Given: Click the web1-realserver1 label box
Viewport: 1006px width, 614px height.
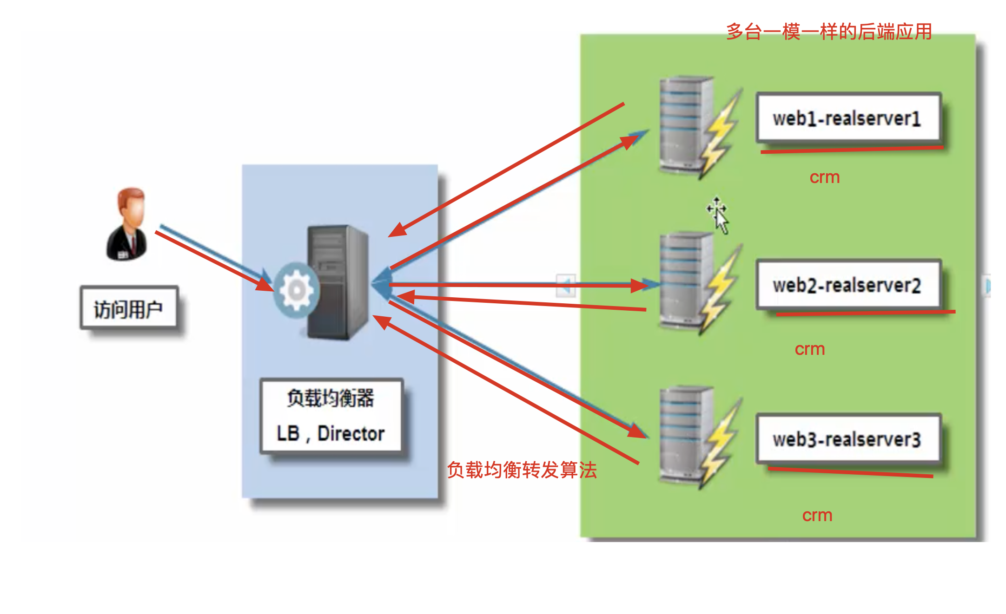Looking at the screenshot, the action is point(848,118).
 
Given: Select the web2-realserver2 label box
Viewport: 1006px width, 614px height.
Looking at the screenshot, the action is point(848,285).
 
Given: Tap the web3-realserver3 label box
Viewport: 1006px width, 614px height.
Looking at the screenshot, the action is point(848,439).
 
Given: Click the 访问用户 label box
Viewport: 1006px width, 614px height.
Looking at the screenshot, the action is point(129,308).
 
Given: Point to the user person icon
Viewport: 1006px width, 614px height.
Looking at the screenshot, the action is point(127,224).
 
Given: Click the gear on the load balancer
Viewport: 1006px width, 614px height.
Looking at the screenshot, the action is point(297,290).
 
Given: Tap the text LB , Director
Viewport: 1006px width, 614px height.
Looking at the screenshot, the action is point(331,433).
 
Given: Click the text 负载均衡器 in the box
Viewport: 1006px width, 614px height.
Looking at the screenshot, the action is point(331,398).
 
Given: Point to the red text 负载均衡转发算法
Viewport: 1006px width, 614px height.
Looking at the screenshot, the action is point(522,470).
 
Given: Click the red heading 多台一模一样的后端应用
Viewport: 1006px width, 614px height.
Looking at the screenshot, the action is point(829,32).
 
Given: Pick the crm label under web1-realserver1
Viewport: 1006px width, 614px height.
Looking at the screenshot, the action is point(825,177).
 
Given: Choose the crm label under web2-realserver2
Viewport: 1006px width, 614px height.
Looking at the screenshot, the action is point(810,349).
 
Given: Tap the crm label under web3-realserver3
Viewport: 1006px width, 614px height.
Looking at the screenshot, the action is point(817,516).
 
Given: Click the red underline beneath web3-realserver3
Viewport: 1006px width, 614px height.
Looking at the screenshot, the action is point(850,472).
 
